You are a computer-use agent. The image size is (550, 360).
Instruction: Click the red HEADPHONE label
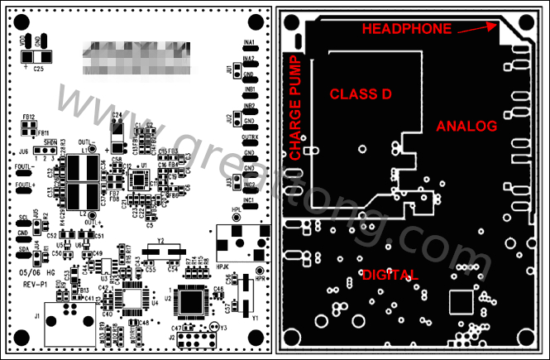tap(407, 29)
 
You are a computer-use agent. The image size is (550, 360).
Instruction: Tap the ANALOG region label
tap(466, 126)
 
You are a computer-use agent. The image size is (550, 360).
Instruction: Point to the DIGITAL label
tap(390, 274)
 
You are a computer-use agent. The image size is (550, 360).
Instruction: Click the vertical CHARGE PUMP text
tap(294, 107)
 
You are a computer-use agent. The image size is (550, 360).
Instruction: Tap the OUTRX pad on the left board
tap(249, 144)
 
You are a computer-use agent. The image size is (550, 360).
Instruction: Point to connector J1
tap(62, 318)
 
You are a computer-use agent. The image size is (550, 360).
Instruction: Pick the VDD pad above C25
tap(28, 41)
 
